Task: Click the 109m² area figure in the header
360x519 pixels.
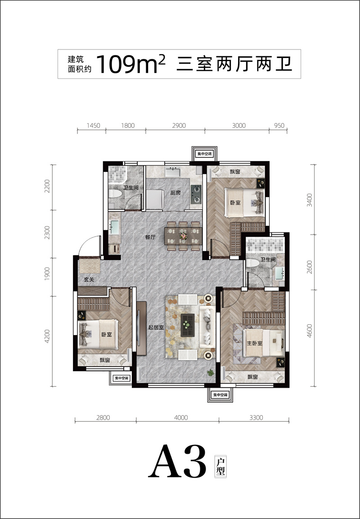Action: pos(130,64)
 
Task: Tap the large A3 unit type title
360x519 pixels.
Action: pos(177,461)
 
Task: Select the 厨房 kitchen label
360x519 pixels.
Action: pos(175,192)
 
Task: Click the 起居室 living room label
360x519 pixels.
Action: pos(156,328)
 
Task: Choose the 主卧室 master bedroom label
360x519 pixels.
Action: pos(254,343)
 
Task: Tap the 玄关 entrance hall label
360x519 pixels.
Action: pos(89,280)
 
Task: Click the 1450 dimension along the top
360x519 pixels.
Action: pos(93,125)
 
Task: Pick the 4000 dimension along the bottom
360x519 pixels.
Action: pos(181,417)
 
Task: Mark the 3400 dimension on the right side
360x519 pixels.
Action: pos(309,200)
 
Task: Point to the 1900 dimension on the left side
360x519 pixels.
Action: pos(47,274)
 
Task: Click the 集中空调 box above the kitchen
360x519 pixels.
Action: pos(204,154)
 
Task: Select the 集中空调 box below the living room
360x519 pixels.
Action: pos(220,395)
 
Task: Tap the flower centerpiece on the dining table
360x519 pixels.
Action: pos(184,236)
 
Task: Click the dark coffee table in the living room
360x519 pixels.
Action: pos(188,325)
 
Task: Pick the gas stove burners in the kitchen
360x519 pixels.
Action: pos(196,194)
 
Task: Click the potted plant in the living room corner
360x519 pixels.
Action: pos(210,373)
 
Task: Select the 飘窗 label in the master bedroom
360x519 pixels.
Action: pos(252,377)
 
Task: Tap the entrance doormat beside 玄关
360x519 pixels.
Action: pos(90,266)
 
